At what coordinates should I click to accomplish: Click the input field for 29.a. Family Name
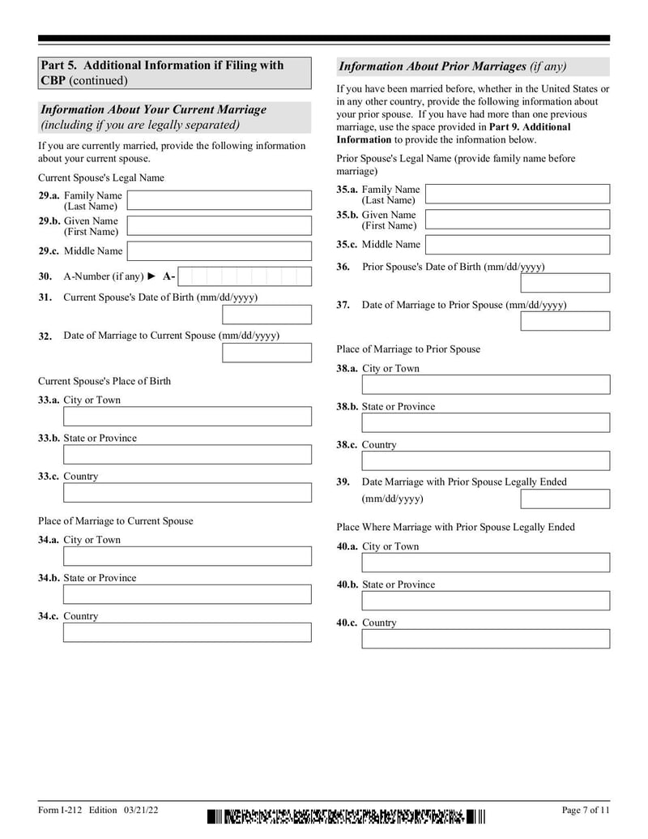click(219, 200)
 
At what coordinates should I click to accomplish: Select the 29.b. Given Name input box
click(219, 225)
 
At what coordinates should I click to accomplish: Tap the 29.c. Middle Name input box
click(219, 251)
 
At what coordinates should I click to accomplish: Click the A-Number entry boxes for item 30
click(244, 276)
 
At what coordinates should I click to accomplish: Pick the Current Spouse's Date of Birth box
click(266, 315)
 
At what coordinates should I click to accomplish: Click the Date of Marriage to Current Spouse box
click(266, 353)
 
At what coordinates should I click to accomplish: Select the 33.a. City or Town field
click(187, 417)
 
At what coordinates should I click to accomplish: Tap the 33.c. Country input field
click(187, 493)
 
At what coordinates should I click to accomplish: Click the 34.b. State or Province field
click(187, 594)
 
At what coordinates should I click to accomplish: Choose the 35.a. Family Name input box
click(517, 194)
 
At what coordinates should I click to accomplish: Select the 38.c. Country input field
click(485, 461)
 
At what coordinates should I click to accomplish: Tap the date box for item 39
click(565, 499)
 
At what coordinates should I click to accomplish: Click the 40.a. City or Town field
click(485, 563)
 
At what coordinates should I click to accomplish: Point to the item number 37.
click(343, 306)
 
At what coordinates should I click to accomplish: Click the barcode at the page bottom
click(346, 816)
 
